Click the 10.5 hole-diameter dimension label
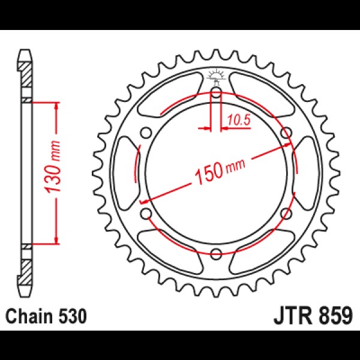pyautogui.click(x=239, y=120)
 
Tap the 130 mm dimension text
pyautogui.click(x=53, y=166)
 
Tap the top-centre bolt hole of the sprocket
pyautogui.click(x=216, y=93)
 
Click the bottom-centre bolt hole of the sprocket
pyautogui.click(x=216, y=254)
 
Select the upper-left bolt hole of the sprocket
pyautogui.click(x=146, y=133)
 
